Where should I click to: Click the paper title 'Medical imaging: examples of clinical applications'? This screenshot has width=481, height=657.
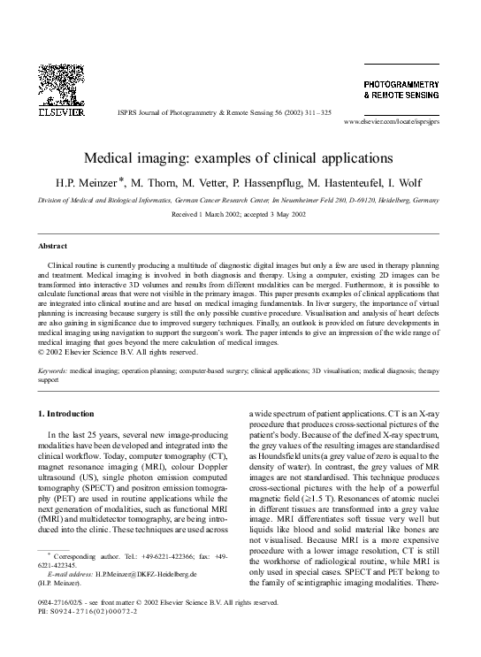pos(240,157)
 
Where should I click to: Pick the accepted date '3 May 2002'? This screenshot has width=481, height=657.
pos(287,215)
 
